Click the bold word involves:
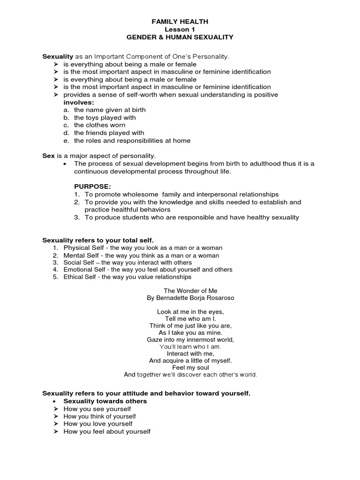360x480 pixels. [x=79, y=102]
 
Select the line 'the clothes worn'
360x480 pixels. [x=99, y=125]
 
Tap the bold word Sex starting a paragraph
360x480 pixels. [x=49, y=156]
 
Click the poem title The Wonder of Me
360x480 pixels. [x=190, y=291]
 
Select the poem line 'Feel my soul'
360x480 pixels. [x=190, y=367]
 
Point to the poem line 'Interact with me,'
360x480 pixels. [x=190, y=353]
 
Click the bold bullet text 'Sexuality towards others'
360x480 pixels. [x=105, y=401]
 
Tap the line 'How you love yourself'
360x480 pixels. [x=98, y=424]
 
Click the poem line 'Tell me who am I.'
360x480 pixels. [x=190, y=318]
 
